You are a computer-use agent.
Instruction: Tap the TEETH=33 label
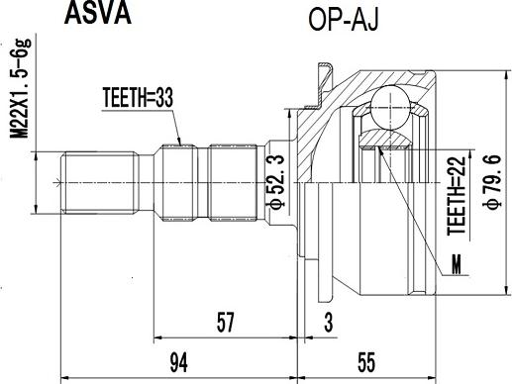click(x=139, y=98)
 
